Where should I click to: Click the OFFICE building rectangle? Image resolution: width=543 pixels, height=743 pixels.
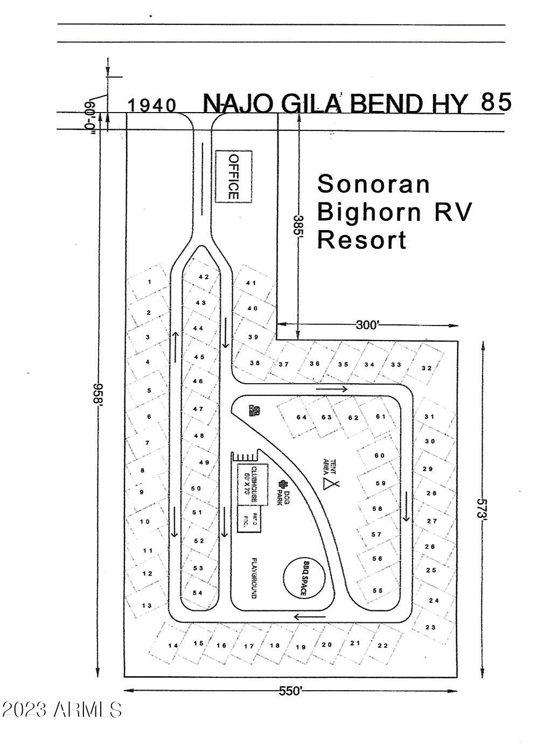coord(234,177)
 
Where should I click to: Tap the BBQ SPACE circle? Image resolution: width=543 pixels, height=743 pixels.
coord(304,578)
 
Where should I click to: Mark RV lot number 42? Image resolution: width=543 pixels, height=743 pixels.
coord(204,277)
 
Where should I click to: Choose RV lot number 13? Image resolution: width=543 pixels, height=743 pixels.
coord(147,606)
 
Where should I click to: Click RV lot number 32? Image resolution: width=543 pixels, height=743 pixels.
coord(427,368)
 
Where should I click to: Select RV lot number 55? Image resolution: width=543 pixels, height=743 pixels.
coord(378,591)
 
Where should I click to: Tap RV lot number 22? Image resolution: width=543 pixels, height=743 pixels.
coord(382,645)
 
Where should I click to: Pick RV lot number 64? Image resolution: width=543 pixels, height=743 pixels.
coord(302,417)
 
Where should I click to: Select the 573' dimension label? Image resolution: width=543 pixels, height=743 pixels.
coord(481,507)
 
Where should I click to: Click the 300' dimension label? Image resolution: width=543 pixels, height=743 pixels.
coord(368,325)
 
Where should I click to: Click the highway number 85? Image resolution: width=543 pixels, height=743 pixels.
coord(496,102)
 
